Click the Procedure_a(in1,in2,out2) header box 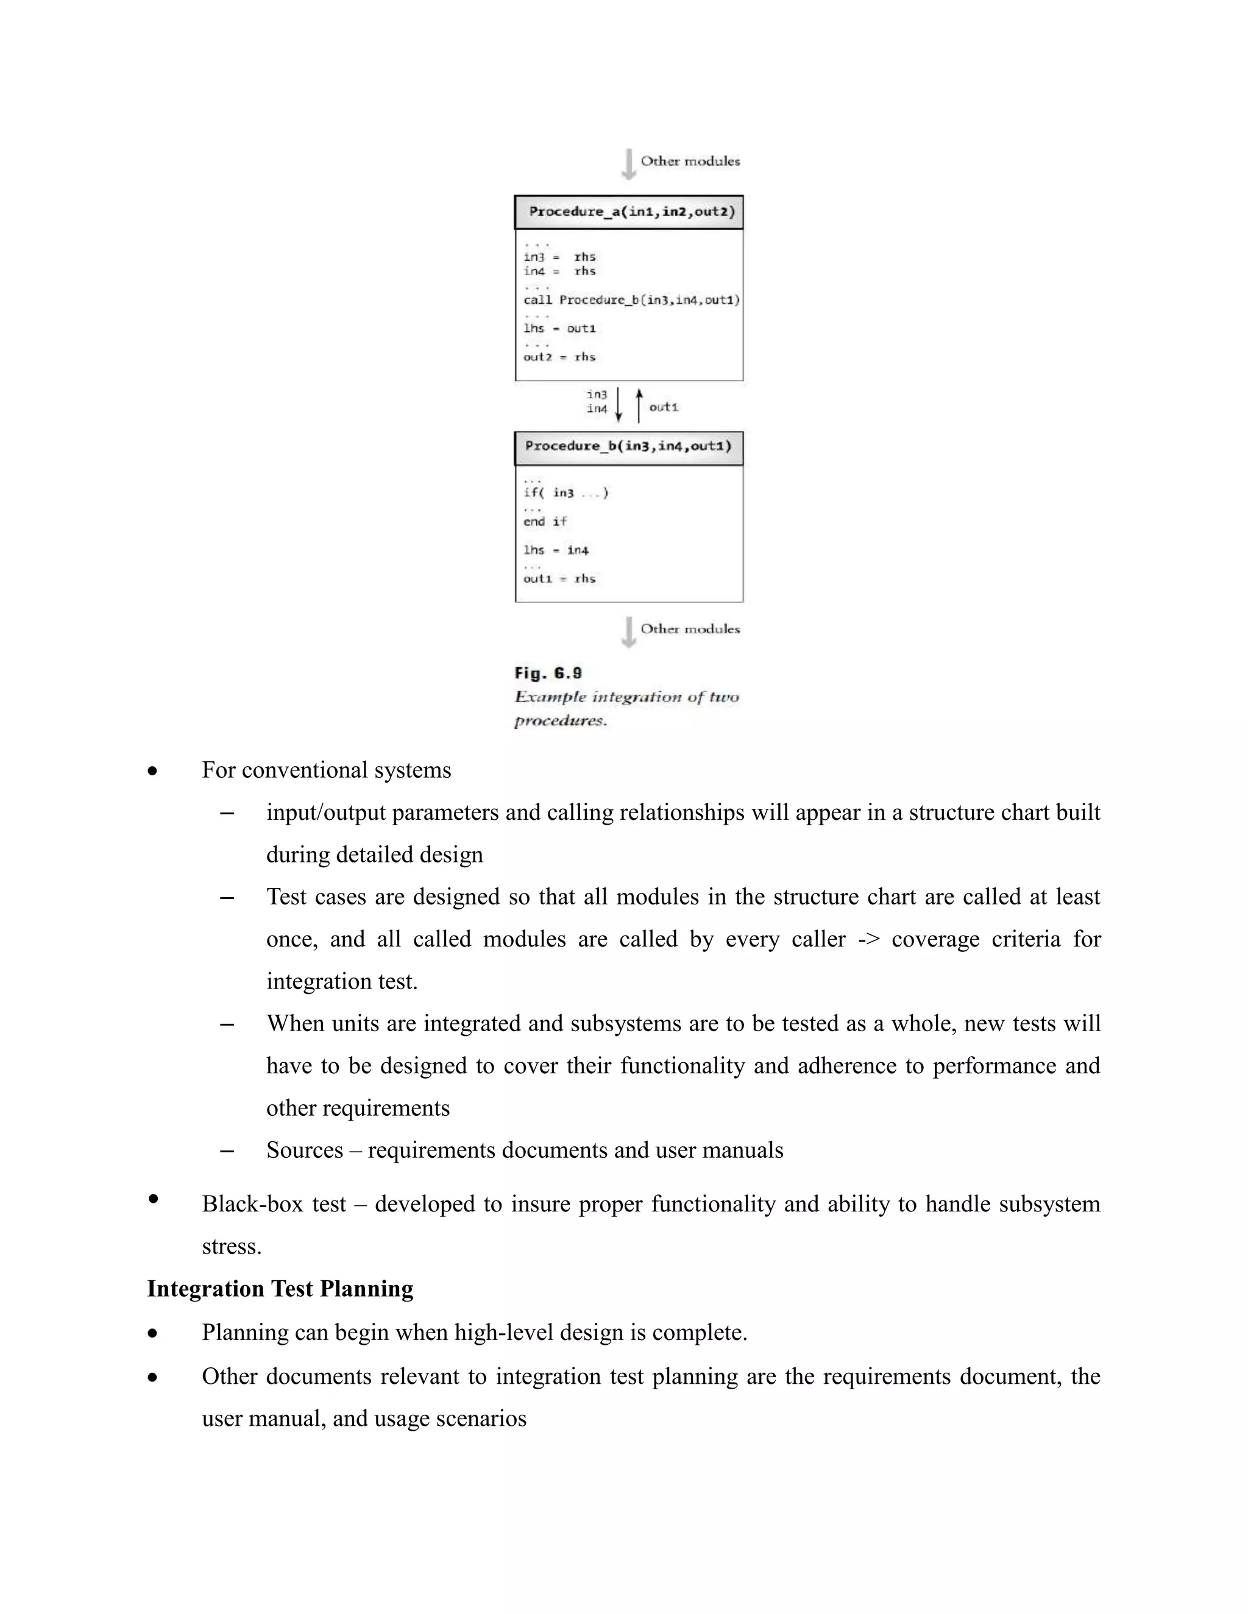tap(628, 212)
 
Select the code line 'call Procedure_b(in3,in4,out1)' tap(631, 300)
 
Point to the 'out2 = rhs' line tap(559, 357)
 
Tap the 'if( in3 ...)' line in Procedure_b tap(565, 493)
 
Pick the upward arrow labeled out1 tap(639, 406)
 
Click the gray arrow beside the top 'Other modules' tap(628, 164)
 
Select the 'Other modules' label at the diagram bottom tap(690, 629)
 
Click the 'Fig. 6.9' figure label tap(548, 673)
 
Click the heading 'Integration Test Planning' tap(280, 1289)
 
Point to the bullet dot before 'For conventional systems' tap(152, 772)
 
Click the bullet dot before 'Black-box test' tap(153, 1199)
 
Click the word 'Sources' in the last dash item tap(305, 1151)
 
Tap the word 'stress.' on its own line tap(232, 1247)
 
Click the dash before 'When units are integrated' tap(228, 1024)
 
